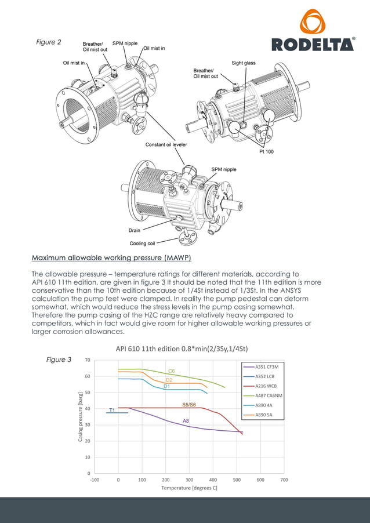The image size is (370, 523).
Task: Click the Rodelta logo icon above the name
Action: point(313,22)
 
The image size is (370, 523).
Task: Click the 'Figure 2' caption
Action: point(49,42)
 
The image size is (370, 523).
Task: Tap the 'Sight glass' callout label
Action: point(244,63)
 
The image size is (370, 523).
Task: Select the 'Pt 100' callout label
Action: point(266,152)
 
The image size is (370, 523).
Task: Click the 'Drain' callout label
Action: point(135,230)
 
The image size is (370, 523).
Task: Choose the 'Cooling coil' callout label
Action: point(142,244)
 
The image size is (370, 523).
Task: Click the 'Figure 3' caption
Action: point(59,359)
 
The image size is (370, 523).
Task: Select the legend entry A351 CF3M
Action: point(267,367)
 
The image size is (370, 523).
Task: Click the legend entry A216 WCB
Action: point(267,386)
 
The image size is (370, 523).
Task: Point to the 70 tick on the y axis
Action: point(87,360)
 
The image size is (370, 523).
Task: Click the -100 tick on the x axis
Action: point(95,480)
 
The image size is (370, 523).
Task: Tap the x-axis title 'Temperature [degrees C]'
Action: point(189,488)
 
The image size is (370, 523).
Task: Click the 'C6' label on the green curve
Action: point(171,371)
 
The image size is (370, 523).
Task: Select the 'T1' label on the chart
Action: point(112,411)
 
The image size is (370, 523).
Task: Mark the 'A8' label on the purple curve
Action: point(186,420)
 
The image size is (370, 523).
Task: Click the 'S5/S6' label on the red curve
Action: point(189,404)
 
